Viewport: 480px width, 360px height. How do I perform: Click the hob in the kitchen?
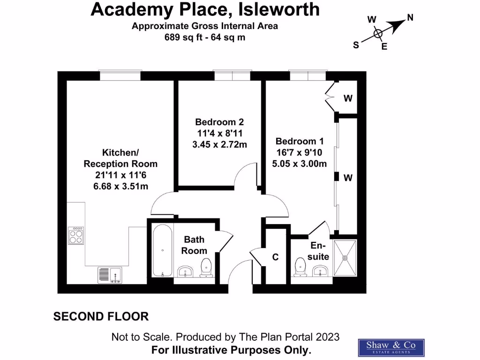76,236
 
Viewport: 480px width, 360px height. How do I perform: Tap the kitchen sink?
110,274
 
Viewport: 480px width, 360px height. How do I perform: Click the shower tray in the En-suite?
345,257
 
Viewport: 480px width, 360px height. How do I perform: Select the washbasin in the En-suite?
321,270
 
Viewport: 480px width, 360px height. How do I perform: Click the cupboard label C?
276,257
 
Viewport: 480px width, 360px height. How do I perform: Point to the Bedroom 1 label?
300,141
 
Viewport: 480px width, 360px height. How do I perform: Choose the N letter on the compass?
410,18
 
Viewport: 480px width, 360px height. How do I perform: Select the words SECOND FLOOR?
101,317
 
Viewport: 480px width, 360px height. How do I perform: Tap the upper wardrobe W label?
348,98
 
